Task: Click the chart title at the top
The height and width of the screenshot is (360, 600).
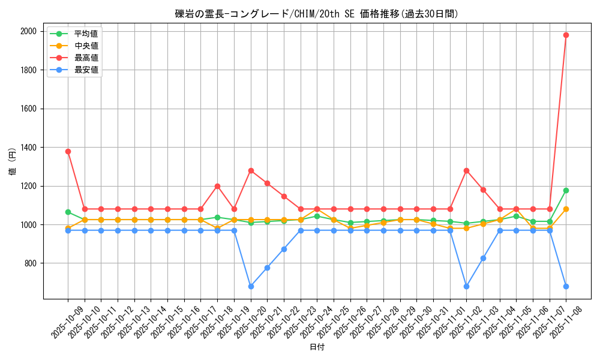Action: tap(317, 14)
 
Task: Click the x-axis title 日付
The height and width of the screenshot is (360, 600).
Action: tap(317, 347)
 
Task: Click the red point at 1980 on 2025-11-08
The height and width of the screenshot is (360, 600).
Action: tap(566, 35)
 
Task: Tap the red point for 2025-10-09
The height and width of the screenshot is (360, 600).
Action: tap(68, 151)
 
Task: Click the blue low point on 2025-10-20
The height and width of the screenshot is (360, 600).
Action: tap(251, 286)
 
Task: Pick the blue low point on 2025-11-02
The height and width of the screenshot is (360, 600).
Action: tap(466, 286)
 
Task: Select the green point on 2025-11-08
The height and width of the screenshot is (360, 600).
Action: tap(566, 190)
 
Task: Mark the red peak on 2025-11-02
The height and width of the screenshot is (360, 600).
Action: tap(466, 170)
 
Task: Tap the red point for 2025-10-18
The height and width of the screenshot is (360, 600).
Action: tap(217, 186)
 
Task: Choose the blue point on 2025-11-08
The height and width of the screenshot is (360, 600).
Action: tap(566, 286)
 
